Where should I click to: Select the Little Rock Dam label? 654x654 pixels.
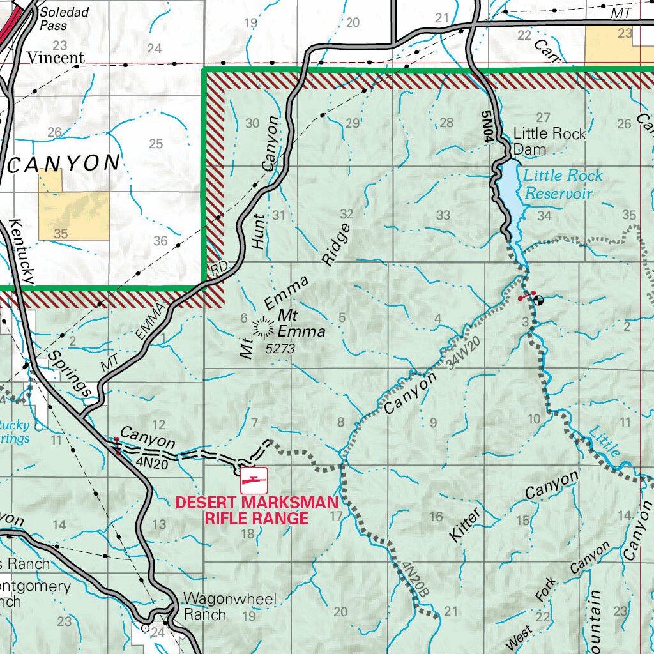pyautogui.click(x=549, y=141)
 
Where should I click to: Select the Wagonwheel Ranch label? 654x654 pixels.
pyautogui.click(x=229, y=607)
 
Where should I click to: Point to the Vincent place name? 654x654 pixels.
pyautogui.click(x=55, y=58)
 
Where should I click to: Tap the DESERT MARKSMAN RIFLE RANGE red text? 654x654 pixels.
pyautogui.click(x=256, y=510)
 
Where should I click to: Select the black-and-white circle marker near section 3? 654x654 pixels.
pyautogui.click(x=538, y=299)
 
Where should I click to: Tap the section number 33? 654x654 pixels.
pyautogui.click(x=443, y=215)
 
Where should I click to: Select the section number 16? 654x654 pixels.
pyautogui.click(x=436, y=517)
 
